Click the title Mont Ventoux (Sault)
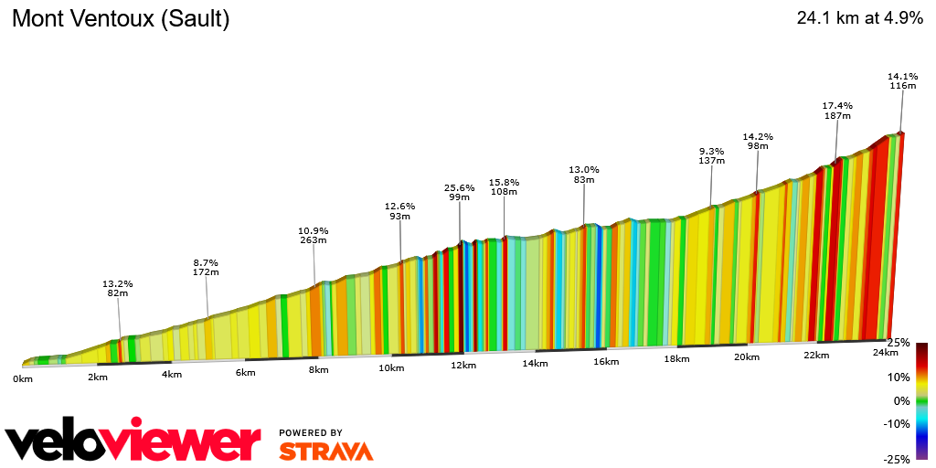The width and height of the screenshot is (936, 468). point(121,19)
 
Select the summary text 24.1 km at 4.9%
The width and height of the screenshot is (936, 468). point(859,18)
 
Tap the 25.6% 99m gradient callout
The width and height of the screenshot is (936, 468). point(459,192)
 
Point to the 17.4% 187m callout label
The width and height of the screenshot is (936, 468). point(837,111)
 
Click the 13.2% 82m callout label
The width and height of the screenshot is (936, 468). point(118,288)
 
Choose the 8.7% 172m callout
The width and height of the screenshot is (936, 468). point(206,267)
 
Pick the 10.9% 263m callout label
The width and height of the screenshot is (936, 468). point(313,236)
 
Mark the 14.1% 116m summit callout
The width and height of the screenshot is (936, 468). point(902,80)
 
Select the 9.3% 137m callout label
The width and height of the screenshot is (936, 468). point(711,155)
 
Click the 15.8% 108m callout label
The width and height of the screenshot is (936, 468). point(504,187)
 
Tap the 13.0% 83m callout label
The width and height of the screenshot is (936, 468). point(584,175)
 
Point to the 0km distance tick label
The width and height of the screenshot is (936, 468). point(23,378)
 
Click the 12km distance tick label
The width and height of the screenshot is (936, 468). point(463,366)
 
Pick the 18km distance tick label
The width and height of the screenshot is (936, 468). point(676,359)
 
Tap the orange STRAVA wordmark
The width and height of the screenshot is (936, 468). point(325,452)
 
